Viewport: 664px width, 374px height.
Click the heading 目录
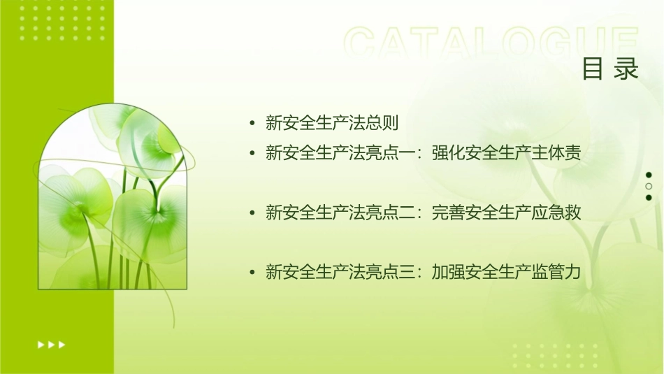coord(610,69)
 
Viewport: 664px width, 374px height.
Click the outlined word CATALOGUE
coord(491,43)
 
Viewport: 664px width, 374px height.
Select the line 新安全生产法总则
coord(332,124)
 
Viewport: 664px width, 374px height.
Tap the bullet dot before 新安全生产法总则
coord(252,124)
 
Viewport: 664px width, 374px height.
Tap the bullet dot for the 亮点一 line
coord(252,153)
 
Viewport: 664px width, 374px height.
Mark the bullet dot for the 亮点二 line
coord(252,213)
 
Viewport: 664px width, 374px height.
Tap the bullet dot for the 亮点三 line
coord(252,272)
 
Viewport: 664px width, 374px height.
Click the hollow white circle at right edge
coord(649,187)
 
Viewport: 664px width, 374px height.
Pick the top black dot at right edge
coord(649,175)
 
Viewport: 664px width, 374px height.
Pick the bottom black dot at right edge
coord(649,198)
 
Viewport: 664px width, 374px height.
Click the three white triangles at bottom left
coord(51,344)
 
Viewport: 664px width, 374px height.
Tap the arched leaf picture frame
coord(112,199)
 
